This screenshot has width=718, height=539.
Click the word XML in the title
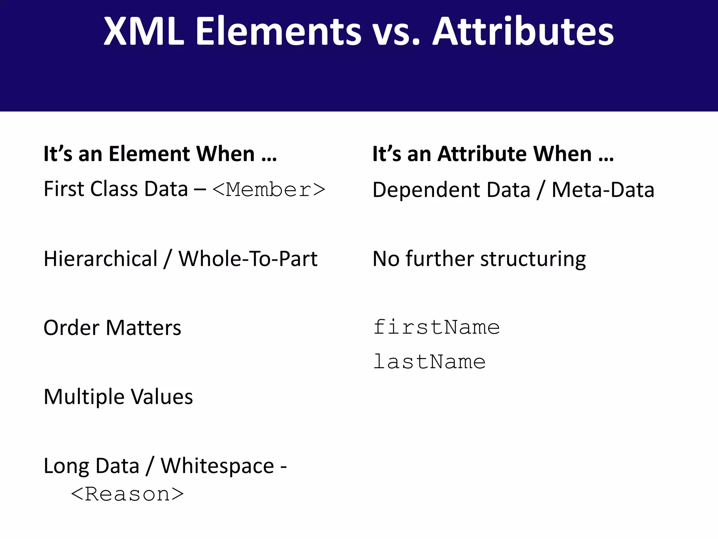click(144, 32)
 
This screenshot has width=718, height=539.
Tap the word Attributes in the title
click(523, 32)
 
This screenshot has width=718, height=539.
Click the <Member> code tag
click(269, 190)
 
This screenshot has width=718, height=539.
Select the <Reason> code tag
click(127, 494)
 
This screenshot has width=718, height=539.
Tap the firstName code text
click(436, 327)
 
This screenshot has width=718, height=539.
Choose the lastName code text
click(429, 362)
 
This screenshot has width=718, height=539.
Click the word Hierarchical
click(101, 259)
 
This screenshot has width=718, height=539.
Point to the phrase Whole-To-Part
click(248, 259)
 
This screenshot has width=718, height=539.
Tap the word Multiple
click(84, 397)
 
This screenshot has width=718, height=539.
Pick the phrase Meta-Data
click(603, 190)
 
